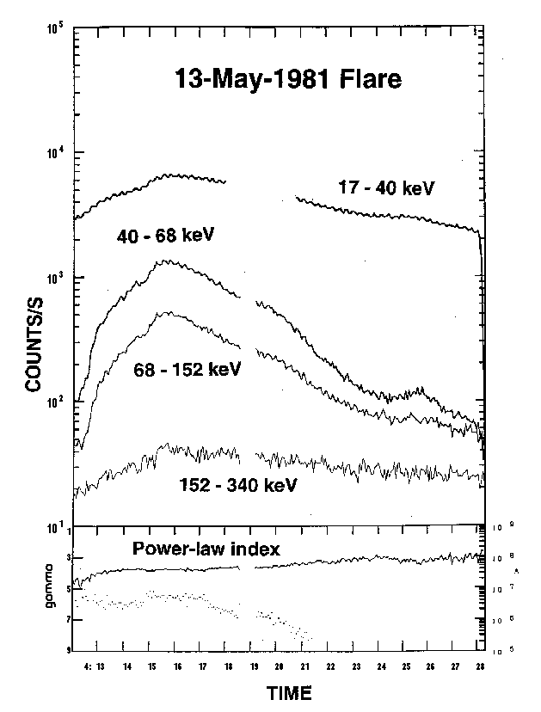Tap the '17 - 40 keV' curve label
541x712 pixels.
(380, 187)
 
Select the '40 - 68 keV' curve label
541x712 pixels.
(165, 234)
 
